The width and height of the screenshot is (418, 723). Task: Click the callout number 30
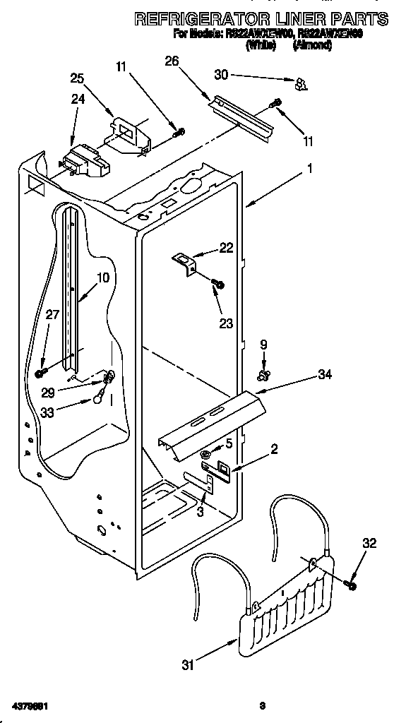click(221, 74)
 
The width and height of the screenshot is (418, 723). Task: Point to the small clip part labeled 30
click(301, 85)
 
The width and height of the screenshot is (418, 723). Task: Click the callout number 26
click(172, 61)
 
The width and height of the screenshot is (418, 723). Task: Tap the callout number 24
click(78, 100)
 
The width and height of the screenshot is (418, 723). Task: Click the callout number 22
click(226, 247)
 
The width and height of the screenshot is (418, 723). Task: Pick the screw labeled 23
click(217, 284)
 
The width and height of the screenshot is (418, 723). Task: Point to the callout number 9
click(263, 345)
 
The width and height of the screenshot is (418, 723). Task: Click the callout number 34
click(324, 374)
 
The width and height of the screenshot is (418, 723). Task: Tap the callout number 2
click(274, 448)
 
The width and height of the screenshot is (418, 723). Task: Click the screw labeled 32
click(350, 584)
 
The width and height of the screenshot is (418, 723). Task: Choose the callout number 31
click(187, 664)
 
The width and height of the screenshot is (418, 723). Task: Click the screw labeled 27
click(41, 373)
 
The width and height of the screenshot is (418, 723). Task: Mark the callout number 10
click(103, 278)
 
